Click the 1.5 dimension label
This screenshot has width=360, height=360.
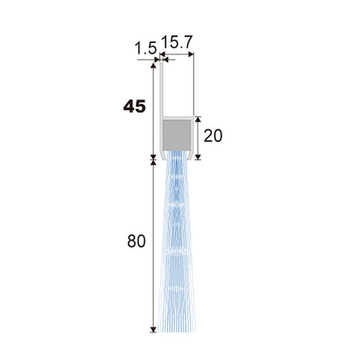[145, 48]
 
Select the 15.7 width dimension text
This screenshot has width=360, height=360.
[177, 42]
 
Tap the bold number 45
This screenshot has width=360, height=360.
[134, 107]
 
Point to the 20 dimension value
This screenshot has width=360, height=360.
[213, 136]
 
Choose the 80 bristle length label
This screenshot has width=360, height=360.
[136, 241]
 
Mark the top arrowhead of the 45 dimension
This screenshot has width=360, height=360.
[153, 66]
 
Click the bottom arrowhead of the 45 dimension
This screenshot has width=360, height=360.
[153, 156]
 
